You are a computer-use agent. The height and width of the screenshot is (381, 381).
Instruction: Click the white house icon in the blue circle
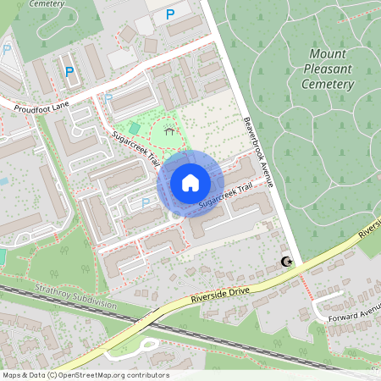click(x=190, y=183)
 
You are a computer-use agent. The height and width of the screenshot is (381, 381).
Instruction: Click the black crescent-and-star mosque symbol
click(x=287, y=262)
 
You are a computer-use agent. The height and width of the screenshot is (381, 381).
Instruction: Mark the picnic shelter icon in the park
click(x=170, y=131)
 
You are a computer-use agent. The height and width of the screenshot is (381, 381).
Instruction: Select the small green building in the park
click(x=135, y=126)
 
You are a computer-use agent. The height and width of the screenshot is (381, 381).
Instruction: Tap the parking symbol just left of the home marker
click(x=145, y=202)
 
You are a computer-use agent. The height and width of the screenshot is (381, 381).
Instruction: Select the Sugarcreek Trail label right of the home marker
click(x=226, y=199)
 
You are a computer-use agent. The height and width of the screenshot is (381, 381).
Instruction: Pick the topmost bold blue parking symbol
click(x=170, y=14)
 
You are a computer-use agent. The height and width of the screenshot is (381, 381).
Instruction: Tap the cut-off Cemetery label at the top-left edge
click(x=47, y=3)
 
